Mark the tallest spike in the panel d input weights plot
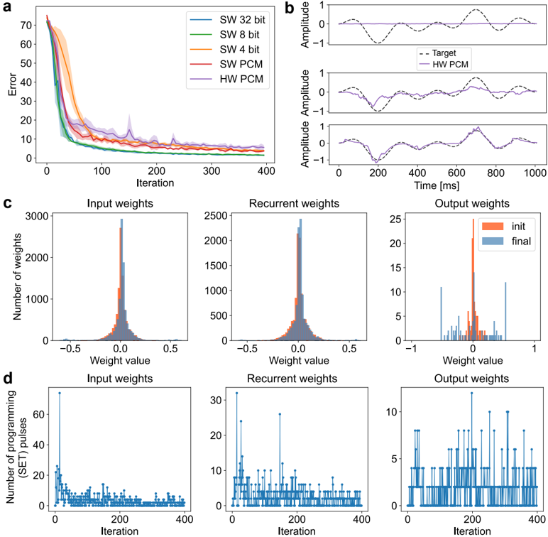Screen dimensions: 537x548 60,393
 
